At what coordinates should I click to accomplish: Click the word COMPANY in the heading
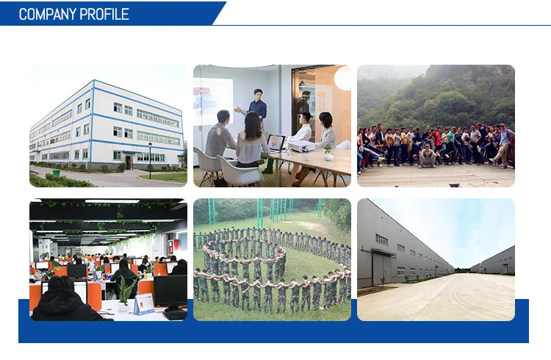[48, 15]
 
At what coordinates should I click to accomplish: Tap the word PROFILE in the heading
[104, 15]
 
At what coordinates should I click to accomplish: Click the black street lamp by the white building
[150, 160]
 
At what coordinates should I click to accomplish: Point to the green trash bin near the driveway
[57, 173]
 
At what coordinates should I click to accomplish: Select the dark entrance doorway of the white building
[129, 162]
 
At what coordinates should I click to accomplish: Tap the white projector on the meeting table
[301, 146]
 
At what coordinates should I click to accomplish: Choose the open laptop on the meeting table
[275, 143]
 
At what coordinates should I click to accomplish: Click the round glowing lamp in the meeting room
[343, 79]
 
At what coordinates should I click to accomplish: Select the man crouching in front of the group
[428, 156]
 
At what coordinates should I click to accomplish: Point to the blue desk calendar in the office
[144, 303]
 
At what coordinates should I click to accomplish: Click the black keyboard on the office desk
[175, 314]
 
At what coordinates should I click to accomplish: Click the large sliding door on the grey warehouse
[383, 270]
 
